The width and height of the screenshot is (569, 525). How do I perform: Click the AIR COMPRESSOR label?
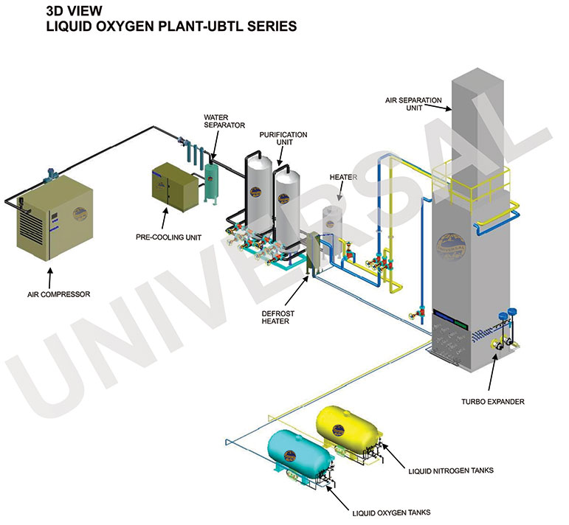coord(54,293)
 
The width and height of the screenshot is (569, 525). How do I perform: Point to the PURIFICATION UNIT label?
coord(283,139)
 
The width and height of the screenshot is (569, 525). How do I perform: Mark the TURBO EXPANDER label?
coord(493,402)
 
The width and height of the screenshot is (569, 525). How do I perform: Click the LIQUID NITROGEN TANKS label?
coord(449,469)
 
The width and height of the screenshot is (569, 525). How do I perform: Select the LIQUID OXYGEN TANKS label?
coord(391,512)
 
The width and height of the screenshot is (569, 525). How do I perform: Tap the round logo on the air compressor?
coord(80,210)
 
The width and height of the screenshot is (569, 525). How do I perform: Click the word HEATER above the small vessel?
coord(343,177)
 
